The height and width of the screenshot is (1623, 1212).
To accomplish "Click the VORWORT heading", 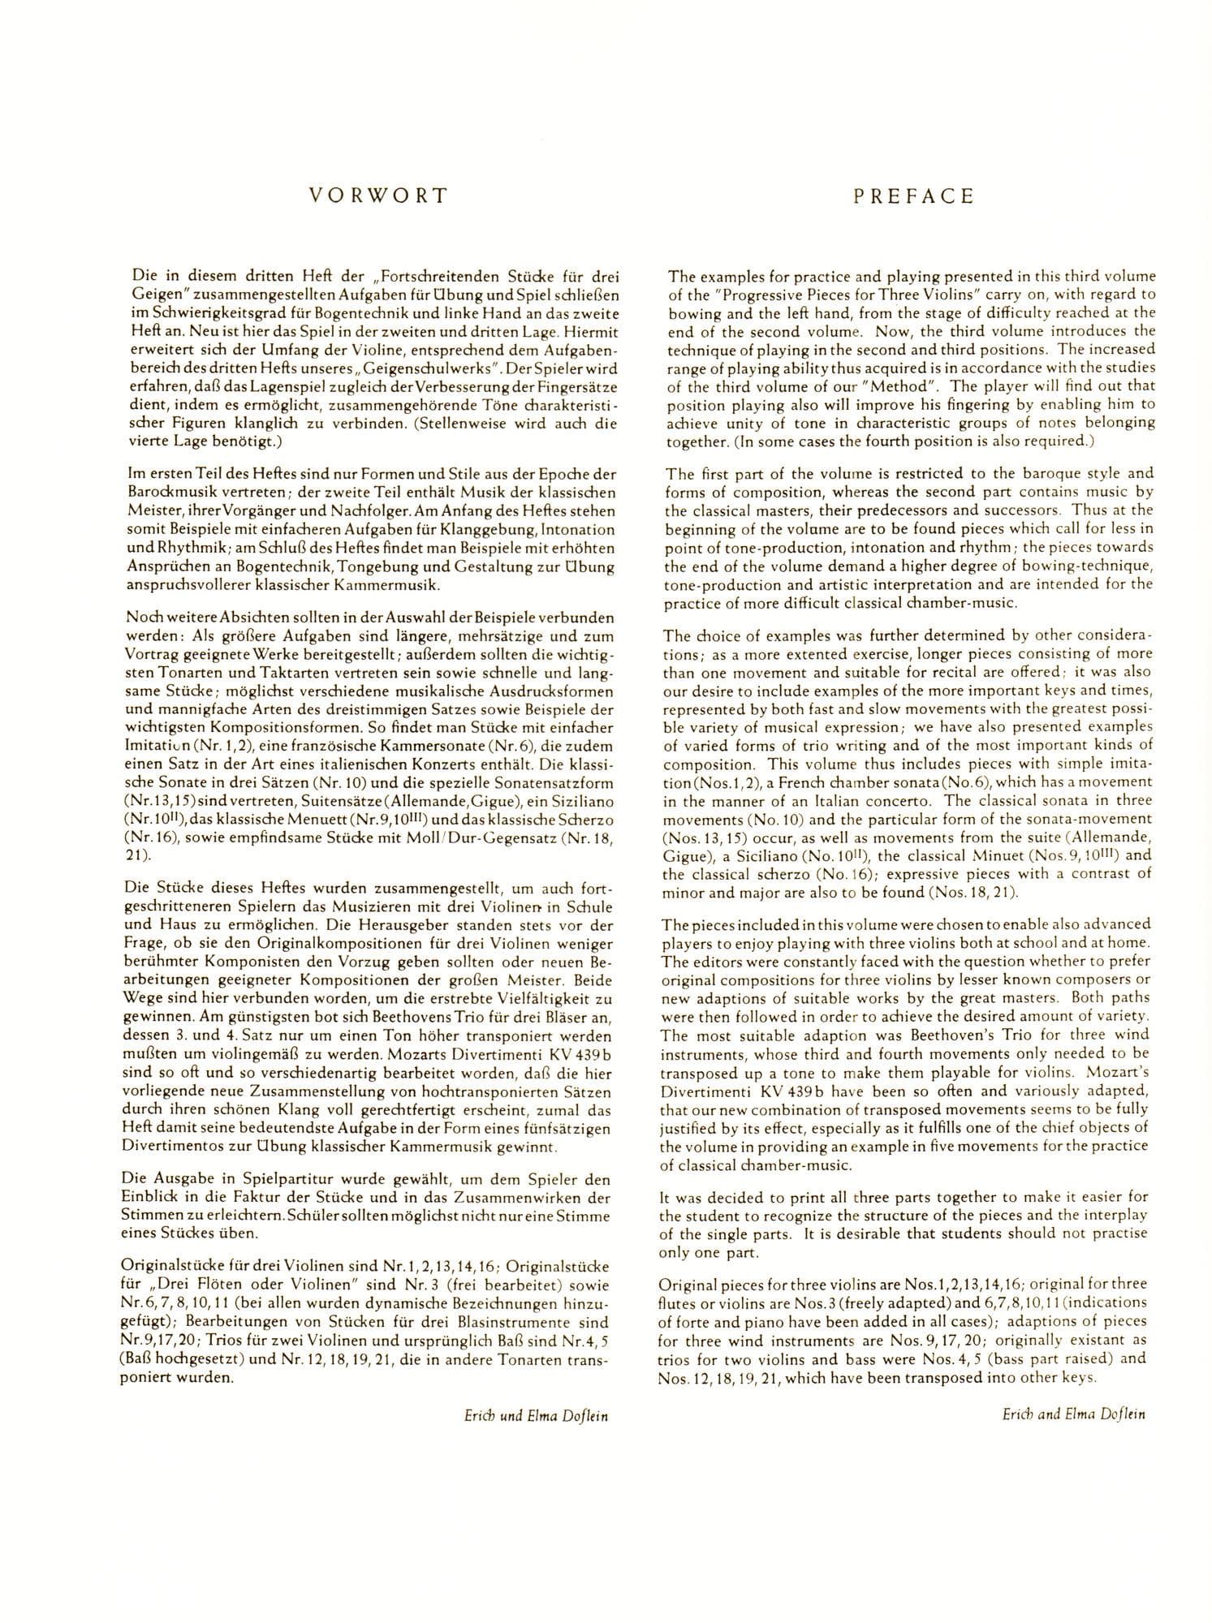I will click(377, 196).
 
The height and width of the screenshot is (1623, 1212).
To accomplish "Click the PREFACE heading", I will click(912, 196).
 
